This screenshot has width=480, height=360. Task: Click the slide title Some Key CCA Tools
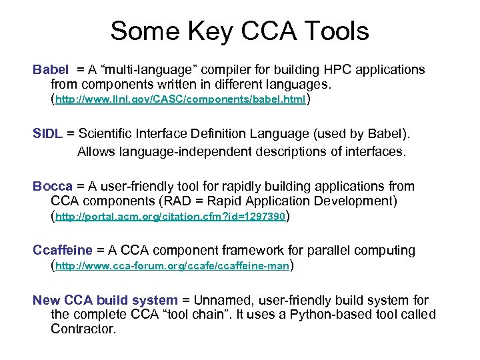[x=239, y=31]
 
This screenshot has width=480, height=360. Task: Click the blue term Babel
[x=51, y=69]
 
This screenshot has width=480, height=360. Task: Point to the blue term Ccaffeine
[x=63, y=250]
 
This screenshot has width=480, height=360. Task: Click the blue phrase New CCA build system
[x=105, y=300]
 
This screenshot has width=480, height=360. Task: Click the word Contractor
[x=83, y=329]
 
